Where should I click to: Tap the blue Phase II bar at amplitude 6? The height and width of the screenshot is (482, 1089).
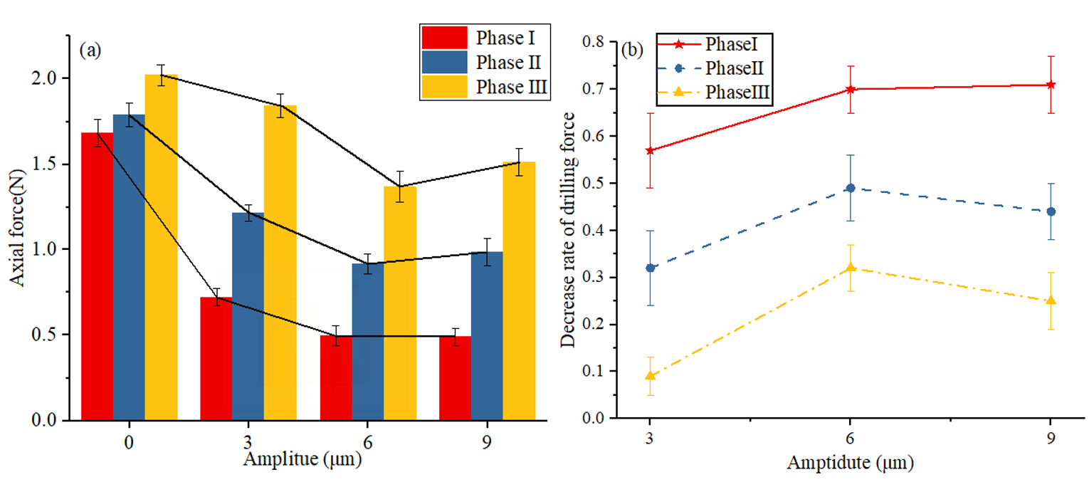click(x=367, y=342)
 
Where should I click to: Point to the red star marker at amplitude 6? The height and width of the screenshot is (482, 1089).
click(x=850, y=89)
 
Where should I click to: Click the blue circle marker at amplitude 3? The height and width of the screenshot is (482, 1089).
click(x=650, y=268)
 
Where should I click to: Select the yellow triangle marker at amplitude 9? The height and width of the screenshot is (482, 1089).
click(x=1051, y=300)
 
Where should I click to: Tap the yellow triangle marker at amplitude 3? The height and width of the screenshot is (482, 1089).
click(x=650, y=375)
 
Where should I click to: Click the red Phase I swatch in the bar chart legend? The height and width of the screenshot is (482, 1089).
click(x=444, y=37)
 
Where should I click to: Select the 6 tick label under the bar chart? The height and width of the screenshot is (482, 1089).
click(x=367, y=441)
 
